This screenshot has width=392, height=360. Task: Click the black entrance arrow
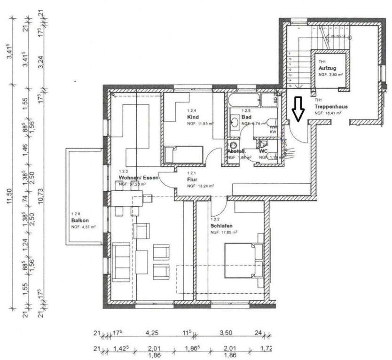(x=297, y=109)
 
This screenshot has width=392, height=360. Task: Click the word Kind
(x=192, y=117)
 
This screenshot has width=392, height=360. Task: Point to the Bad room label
(x=246, y=117)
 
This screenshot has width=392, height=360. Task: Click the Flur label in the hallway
(x=191, y=180)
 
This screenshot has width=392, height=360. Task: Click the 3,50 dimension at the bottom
(x=227, y=334)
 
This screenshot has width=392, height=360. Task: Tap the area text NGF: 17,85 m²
(x=224, y=232)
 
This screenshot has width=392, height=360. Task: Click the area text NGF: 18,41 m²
(x=328, y=113)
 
